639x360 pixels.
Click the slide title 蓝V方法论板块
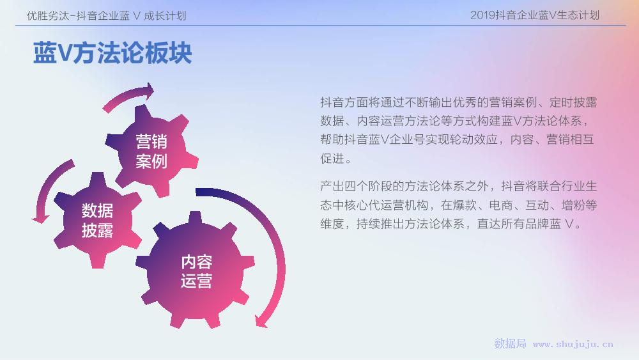[112, 52]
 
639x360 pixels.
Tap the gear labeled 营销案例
[151, 151]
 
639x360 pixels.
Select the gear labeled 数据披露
[98, 220]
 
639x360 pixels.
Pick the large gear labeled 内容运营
[196, 271]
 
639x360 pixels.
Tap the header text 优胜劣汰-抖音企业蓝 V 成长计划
[106, 16]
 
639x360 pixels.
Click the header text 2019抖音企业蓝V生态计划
[535, 15]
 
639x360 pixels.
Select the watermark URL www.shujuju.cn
[573, 345]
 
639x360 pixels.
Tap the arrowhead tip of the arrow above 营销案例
[154, 91]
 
